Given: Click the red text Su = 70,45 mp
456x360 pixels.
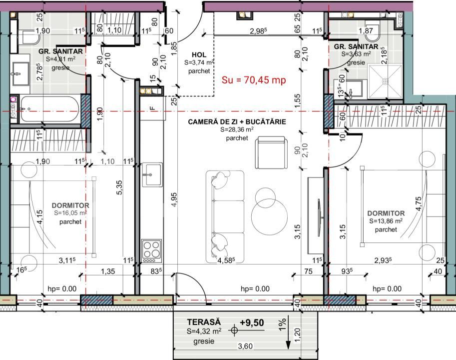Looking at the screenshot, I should (x=253, y=80).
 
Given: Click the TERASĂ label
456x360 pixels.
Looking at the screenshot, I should (x=204, y=322).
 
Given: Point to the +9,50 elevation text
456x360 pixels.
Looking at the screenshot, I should (x=251, y=322).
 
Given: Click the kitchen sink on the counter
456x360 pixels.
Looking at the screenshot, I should (x=152, y=174).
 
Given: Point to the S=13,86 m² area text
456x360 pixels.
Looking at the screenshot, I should (x=386, y=221).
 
